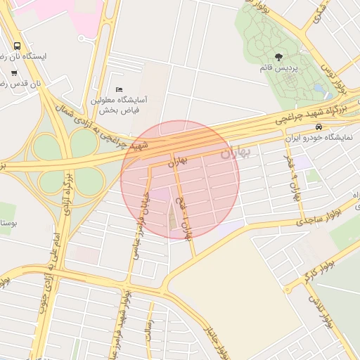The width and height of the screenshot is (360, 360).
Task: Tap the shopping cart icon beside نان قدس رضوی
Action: [x=14, y=72]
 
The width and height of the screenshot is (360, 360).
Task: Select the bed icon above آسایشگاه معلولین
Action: [x=119, y=90]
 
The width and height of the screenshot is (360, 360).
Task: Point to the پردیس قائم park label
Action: [x=296, y=69]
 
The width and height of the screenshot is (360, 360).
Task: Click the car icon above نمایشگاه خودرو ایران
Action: [x=319, y=127]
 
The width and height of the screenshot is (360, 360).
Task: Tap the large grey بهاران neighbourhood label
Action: [x=234, y=153]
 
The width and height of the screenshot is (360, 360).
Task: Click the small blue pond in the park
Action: [x=319, y=90]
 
